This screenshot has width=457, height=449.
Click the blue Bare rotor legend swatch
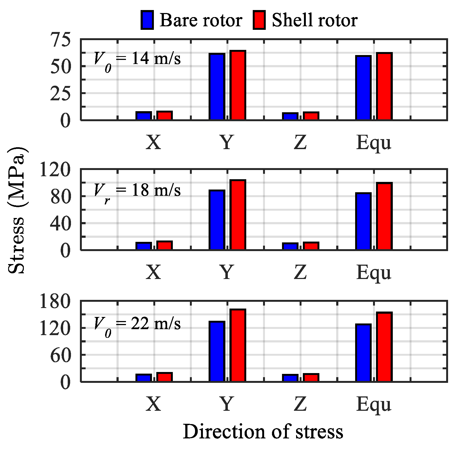(x=147, y=20)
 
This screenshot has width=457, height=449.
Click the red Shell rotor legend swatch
(x=259, y=20)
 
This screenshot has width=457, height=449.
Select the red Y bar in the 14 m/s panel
(x=238, y=85)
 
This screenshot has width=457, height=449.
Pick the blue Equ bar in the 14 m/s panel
(x=363, y=88)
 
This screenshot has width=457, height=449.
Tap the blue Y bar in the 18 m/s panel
(x=217, y=220)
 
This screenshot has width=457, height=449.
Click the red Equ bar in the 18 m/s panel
(x=384, y=216)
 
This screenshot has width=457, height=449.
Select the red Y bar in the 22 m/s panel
(x=238, y=345)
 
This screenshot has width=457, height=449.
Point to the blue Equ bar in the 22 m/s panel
(x=363, y=353)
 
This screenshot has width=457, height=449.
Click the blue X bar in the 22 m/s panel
(x=144, y=378)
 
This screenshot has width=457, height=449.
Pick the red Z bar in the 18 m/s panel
(x=311, y=246)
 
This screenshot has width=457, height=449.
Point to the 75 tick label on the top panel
(x=61, y=40)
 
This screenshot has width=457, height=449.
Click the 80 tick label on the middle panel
(x=61, y=197)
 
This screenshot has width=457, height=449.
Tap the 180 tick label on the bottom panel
(x=55, y=302)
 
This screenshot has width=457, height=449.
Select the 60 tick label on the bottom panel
(x=61, y=355)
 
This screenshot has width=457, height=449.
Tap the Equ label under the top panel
(x=374, y=142)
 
